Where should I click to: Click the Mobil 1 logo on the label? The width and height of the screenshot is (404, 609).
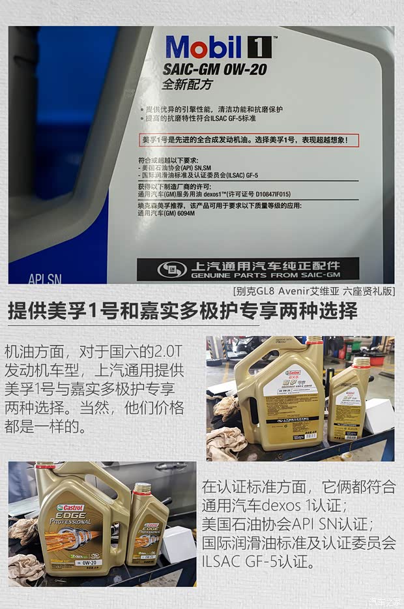coord(218,47)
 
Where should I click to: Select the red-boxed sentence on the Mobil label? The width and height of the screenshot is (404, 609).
coord(250,140)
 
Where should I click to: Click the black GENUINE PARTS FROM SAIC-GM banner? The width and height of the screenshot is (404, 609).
coord(248,269)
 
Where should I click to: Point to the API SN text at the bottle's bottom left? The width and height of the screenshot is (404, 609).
coord(45,279)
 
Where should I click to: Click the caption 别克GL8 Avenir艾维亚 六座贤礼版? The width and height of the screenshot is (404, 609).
coord(313,291)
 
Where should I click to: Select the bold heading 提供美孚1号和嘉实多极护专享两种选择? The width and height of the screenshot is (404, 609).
coord(182,312)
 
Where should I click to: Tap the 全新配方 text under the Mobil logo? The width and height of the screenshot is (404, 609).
coord(187,85)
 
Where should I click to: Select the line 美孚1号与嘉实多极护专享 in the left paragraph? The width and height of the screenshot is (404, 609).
coord(94,390)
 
